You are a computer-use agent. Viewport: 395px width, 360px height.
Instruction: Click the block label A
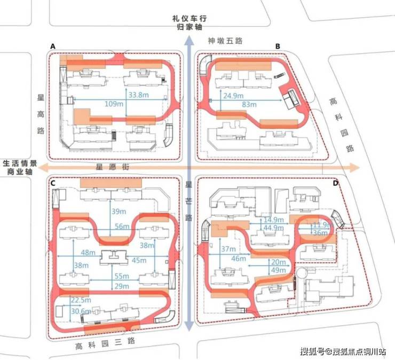(53, 46)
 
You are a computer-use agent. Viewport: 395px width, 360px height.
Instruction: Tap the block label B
(278, 46)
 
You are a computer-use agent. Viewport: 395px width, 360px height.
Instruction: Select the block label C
(53, 183)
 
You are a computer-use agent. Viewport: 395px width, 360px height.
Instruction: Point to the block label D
(336, 183)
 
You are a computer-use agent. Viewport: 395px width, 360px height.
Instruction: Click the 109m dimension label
(114, 104)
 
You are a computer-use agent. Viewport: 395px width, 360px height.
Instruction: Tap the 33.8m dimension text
(139, 95)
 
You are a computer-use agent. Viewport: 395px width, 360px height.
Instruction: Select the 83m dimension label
(249, 104)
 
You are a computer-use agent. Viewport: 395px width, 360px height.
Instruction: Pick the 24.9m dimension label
(233, 96)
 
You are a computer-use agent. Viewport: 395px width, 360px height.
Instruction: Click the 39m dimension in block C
(118, 212)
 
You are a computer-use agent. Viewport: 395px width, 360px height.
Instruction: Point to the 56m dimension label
(122, 226)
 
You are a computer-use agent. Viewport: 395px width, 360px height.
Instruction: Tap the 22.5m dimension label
(81, 300)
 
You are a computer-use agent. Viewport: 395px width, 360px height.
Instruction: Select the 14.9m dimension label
(274, 220)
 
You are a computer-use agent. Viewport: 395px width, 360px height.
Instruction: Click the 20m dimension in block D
(278, 262)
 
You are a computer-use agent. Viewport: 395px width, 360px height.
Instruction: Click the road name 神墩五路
(225, 41)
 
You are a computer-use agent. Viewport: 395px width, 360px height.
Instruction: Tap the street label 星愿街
(112, 167)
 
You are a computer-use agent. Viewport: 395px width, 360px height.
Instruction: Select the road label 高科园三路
(105, 343)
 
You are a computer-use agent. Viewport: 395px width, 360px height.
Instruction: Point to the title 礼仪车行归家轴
(189, 22)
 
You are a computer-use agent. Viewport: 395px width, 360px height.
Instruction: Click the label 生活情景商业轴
(20, 167)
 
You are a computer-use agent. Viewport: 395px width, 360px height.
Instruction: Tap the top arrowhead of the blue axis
(188, 40)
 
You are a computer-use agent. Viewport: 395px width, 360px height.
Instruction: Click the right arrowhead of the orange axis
(354, 167)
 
